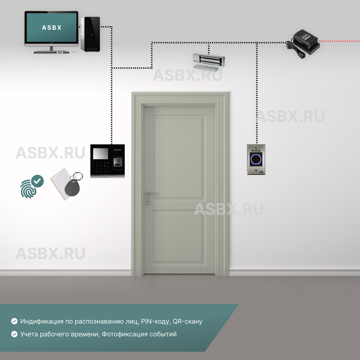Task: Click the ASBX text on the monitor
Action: click(x=51, y=27)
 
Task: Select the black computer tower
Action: click(x=90, y=34)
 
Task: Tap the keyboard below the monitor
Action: click(x=51, y=53)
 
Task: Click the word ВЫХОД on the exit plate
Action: click(x=256, y=150)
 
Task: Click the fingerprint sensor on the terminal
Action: click(x=117, y=162)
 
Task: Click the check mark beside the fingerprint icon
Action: click(x=37, y=181)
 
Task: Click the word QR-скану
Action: click(x=187, y=321)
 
